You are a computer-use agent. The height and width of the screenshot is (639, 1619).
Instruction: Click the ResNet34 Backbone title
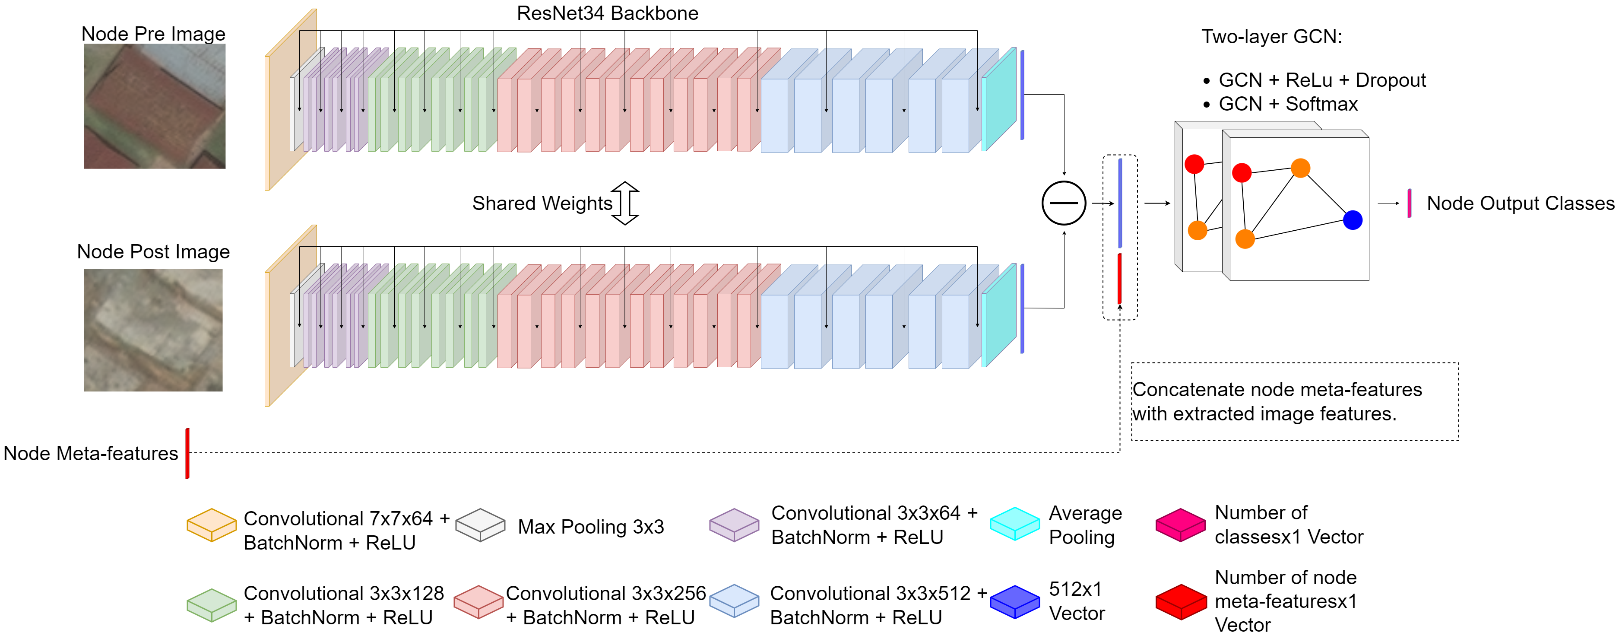[607, 13]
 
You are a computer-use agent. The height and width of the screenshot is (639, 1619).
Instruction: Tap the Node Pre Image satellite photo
[155, 106]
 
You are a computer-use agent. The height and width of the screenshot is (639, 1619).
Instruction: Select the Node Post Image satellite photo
[153, 330]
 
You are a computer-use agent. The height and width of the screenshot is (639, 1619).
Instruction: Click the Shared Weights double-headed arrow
[625, 203]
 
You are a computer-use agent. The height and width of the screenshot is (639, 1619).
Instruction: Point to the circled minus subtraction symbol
[1063, 203]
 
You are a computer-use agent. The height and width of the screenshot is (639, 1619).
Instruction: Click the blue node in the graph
[1353, 220]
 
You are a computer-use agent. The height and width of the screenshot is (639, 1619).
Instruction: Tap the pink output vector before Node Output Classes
[1409, 203]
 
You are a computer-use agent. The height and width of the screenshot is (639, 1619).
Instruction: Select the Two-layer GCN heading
[1271, 36]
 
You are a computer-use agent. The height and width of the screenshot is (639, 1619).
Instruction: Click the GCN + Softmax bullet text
[1288, 104]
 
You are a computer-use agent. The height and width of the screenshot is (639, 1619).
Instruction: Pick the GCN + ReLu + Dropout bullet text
[1322, 80]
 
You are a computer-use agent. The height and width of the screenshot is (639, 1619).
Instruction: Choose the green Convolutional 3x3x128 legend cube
[212, 605]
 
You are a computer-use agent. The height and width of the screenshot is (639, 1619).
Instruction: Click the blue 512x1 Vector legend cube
[1014, 602]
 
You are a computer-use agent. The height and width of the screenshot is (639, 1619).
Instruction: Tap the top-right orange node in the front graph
[1300, 168]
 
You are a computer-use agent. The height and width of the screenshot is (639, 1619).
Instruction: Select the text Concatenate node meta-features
[1277, 390]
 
